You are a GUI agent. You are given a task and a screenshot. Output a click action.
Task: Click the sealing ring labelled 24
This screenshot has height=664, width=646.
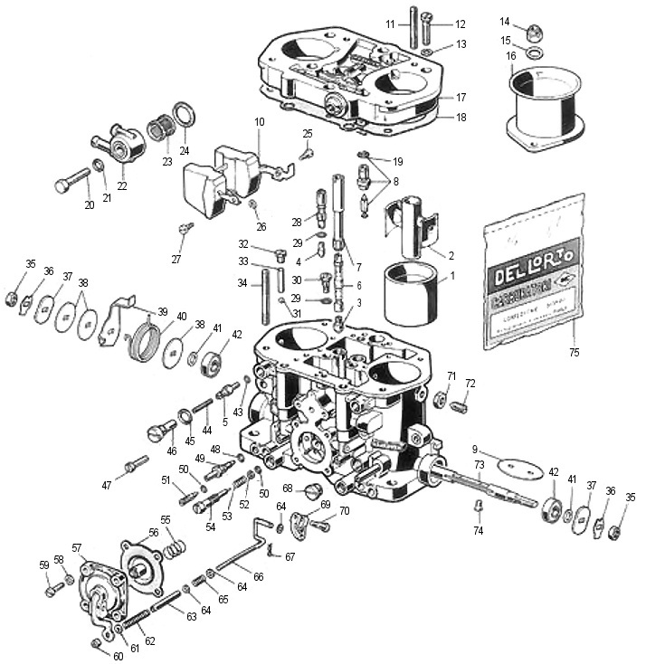tap(185, 116)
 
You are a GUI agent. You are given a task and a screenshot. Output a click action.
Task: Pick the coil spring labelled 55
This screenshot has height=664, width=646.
tap(175, 544)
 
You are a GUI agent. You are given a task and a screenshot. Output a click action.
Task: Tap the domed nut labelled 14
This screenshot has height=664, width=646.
tap(533, 33)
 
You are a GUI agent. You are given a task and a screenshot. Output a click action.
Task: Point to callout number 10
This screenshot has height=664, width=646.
tap(259, 121)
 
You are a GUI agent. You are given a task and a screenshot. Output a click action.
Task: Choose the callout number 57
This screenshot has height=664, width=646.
tap(77, 547)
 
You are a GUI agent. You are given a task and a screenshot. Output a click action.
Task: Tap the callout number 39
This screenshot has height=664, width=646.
tap(163, 311)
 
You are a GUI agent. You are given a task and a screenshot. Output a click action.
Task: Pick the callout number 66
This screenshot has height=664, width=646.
tap(258, 576)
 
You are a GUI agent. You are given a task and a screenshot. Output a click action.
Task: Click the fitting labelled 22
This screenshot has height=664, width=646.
tap(120, 141)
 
